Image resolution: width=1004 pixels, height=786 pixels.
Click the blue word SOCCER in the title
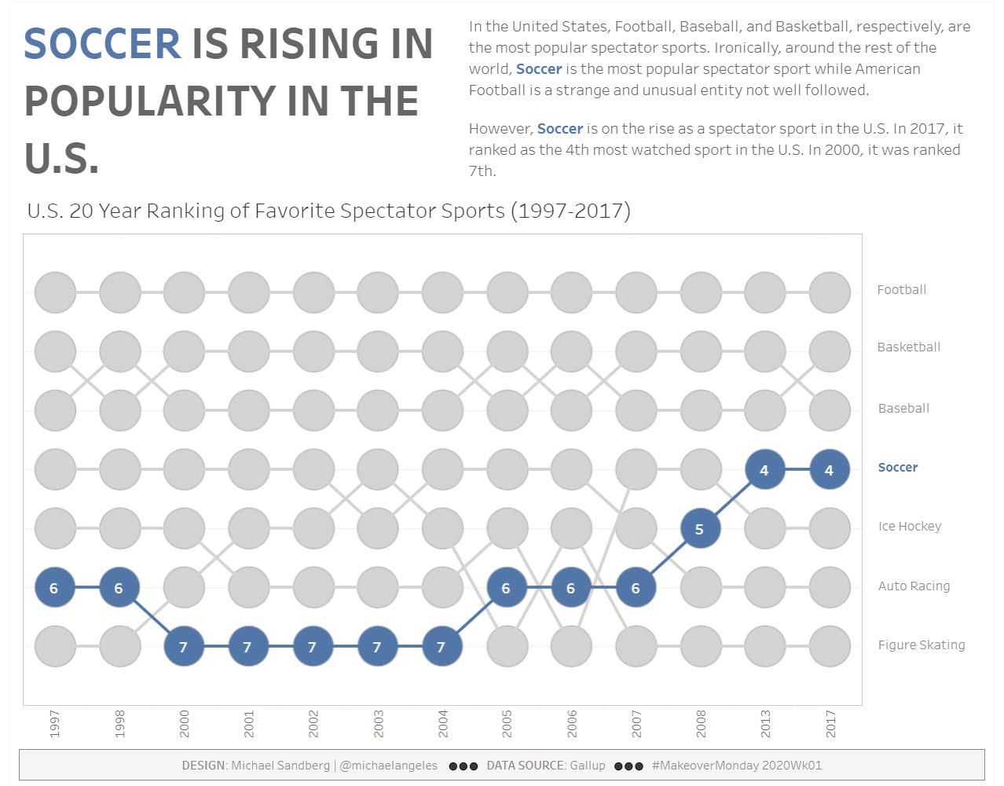tap(102, 44)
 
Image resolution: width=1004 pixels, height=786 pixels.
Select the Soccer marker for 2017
tap(829, 470)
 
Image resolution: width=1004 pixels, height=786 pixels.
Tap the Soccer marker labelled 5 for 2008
tap(699, 529)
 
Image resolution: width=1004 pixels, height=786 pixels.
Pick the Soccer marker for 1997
tap(54, 588)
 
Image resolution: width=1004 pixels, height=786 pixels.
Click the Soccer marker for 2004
tap(442, 647)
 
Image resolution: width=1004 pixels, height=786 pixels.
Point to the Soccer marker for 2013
tap(764, 470)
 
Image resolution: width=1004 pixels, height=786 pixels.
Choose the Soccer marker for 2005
tap(506, 588)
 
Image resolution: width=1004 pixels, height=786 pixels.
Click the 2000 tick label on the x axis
tap(184, 723)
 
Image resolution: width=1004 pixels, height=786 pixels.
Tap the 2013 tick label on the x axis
tap(765, 723)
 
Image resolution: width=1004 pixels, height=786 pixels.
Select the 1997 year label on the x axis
tap(55, 723)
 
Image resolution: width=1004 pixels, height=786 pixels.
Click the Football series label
tap(901, 290)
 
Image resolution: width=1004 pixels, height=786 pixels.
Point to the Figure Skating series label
tap(921, 645)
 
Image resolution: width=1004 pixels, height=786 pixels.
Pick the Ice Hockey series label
tap(909, 527)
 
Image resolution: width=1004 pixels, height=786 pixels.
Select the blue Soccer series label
tap(897, 468)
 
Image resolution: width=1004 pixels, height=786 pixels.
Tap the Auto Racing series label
tap(914, 586)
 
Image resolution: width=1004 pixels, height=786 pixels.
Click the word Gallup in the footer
tap(587, 766)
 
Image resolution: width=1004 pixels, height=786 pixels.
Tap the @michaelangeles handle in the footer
tap(388, 766)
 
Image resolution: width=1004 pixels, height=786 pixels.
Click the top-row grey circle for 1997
tap(55, 292)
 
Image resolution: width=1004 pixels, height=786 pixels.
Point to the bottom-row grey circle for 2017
tap(829, 647)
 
